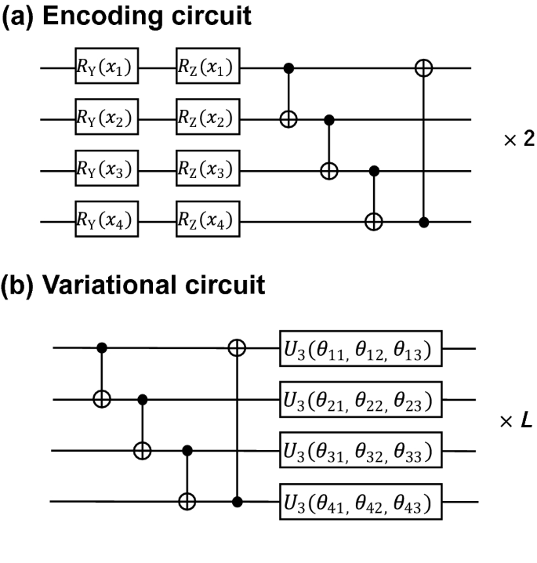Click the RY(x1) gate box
point(107,69)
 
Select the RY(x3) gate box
point(107,170)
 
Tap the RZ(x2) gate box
point(209,120)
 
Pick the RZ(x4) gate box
point(209,222)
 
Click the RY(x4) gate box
point(107,222)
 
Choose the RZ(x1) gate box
point(209,69)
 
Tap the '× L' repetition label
point(515,421)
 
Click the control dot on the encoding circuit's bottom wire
point(424,222)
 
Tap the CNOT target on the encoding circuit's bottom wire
point(374,222)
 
